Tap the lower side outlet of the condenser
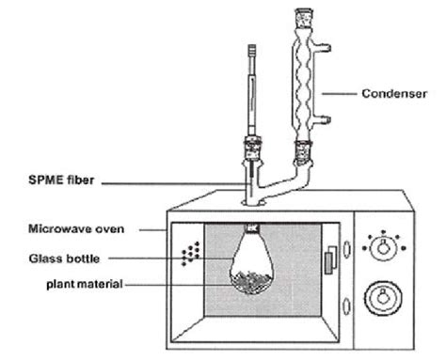click(x=324, y=119)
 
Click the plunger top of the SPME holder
click(x=252, y=48)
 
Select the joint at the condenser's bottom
click(x=303, y=149)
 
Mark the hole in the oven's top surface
click(x=251, y=199)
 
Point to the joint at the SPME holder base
click(x=252, y=149)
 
